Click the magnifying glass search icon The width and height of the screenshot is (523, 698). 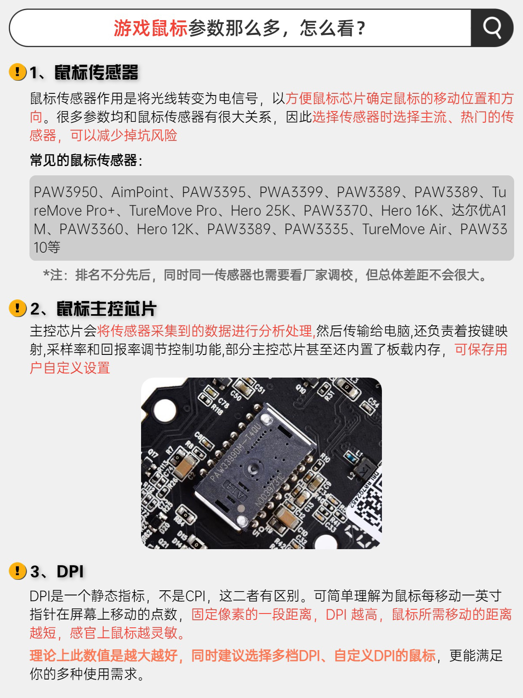coord(492,28)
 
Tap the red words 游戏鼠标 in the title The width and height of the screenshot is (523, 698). coord(151,28)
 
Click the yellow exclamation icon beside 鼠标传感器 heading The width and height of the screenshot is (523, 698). coord(18,71)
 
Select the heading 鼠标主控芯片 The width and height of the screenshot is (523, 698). coord(106,309)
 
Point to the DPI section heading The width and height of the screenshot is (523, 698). coord(70,571)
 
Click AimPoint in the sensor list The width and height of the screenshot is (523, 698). coord(140,192)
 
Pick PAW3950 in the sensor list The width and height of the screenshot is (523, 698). coord(66,192)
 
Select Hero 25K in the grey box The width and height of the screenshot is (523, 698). coord(260,211)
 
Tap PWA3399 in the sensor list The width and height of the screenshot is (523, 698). coord(291,192)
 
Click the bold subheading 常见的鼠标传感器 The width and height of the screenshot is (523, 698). coord(84,160)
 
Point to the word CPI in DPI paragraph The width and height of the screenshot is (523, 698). coord(195,596)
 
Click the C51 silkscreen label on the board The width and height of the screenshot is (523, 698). coord(259,389)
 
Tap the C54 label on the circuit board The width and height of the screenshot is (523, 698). coord(374,402)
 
